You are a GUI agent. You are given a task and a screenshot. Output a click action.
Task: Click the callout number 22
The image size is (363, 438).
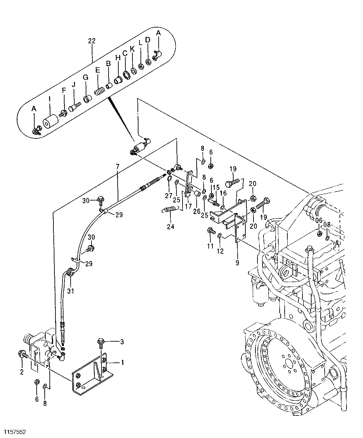click(x=92, y=41)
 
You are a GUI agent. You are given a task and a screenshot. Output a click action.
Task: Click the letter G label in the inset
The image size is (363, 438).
click(x=85, y=78)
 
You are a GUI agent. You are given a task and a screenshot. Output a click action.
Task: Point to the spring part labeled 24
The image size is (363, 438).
click(x=170, y=210)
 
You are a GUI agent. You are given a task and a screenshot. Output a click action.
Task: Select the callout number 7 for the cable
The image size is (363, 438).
click(x=117, y=166)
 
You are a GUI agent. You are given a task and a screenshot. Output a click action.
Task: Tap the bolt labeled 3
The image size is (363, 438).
click(x=101, y=342)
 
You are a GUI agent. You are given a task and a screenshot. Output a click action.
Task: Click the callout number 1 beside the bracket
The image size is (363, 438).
click(x=122, y=363)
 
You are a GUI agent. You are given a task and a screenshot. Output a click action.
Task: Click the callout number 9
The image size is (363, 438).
click(x=237, y=263)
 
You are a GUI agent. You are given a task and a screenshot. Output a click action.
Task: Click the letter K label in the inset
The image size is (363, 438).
click(x=132, y=49)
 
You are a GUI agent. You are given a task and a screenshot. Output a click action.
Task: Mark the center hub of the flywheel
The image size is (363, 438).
click(x=288, y=365)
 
